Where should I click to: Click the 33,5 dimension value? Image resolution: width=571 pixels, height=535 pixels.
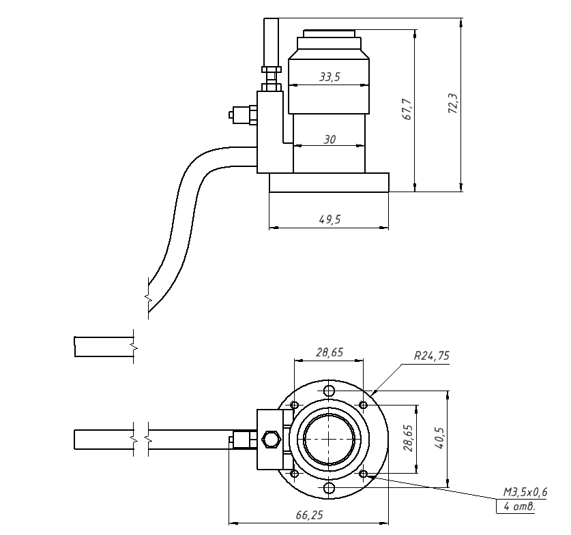(330, 77)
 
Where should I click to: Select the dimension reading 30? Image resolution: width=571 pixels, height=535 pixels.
(330, 139)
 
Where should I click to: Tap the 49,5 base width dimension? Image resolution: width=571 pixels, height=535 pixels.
(330, 219)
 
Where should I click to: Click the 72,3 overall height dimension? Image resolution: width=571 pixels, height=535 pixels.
(453, 104)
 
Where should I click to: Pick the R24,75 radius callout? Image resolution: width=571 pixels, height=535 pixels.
(431, 355)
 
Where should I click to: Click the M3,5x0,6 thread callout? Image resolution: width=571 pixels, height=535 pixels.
(525, 491)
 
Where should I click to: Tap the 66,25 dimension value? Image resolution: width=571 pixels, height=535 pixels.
(309, 515)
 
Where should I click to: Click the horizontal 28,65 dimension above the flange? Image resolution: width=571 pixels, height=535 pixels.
(329, 352)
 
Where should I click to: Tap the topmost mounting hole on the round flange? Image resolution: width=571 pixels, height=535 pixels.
(330, 391)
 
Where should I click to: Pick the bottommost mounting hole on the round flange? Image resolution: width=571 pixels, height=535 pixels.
(330, 488)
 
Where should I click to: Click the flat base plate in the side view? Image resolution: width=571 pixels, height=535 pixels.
(329, 183)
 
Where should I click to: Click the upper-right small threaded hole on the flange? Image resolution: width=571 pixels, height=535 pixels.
(364, 406)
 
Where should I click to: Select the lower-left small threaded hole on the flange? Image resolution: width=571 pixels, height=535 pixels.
(295, 473)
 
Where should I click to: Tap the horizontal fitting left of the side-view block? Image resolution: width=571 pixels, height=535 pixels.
(243, 114)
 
